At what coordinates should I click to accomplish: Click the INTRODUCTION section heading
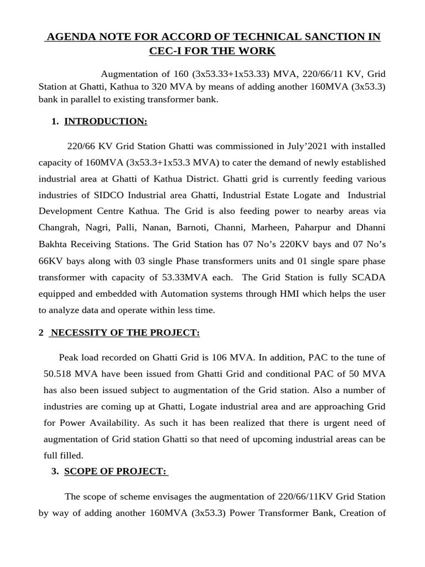[106, 121]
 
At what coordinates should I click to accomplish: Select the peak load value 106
[221, 358]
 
